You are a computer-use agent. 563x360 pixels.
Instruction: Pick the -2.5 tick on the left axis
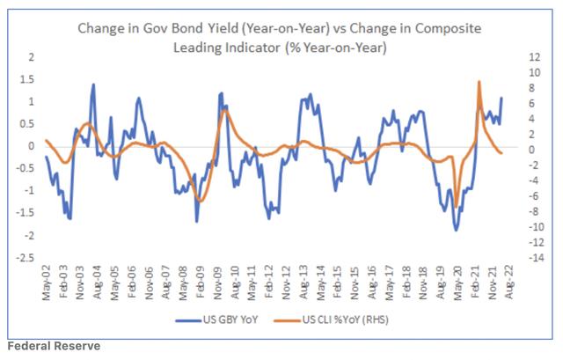[27, 258]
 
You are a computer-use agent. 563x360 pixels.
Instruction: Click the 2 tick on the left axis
[32, 56]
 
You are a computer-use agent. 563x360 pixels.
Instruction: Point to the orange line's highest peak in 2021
[479, 82]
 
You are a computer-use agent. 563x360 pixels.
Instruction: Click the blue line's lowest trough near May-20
[456, 230]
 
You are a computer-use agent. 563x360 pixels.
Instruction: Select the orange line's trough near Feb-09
[201, 202]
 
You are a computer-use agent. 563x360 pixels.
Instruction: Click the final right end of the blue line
[501, 98]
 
